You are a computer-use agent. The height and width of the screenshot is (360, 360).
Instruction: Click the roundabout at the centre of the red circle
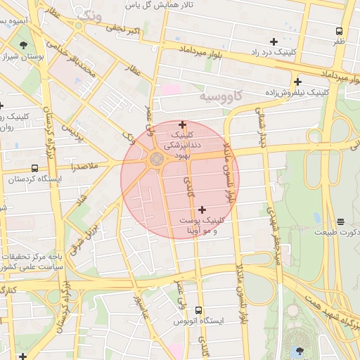pyautogui.click(x=156, y=160)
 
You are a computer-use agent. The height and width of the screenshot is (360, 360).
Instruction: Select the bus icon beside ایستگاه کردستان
pyautogui.click(x=35, y=168)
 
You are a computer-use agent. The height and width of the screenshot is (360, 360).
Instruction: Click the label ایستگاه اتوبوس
pyautogui.click(x=198, y=321)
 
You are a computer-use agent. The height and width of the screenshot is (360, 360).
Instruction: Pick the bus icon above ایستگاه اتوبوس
pyautogui.click(x=198, y=309)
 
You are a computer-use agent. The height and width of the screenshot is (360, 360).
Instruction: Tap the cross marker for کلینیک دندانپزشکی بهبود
pyautogui.click(x=182, y=124)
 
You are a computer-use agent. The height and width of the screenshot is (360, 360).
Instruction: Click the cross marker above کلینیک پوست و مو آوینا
pyautogui.click(x=202, y=209)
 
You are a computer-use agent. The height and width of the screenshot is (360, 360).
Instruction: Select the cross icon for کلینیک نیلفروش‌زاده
pyautogui.click(x=298, y=82)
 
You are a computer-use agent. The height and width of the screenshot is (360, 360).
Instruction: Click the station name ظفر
pyautogui.click(x=340, y=41)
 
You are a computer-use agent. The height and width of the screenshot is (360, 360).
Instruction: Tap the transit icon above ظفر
pyautogui.click(x=340, y=31)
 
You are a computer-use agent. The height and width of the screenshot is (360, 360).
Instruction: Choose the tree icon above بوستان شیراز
pyautogui.click(x=24, y=44)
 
